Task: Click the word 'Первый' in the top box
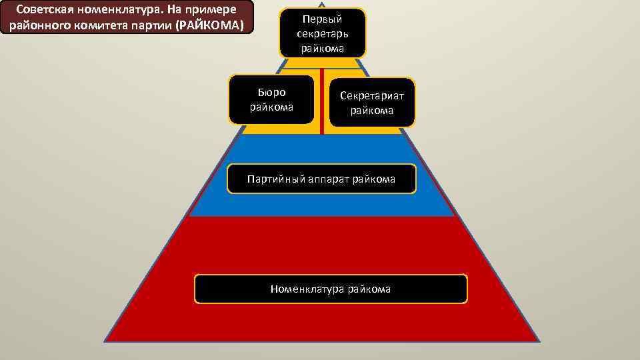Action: pyautogui.click(x=322, y=19)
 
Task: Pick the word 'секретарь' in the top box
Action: pyautogui.click(x=322, y=33)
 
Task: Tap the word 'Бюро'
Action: pyautogui.click(x=271, y=93)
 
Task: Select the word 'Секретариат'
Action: pyautogui.click(x=372, y=96)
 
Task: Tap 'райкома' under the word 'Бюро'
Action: pyautogui.click(x=271, y=107)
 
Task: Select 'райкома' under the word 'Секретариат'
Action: pyautogui.click(x=372, y=111)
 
